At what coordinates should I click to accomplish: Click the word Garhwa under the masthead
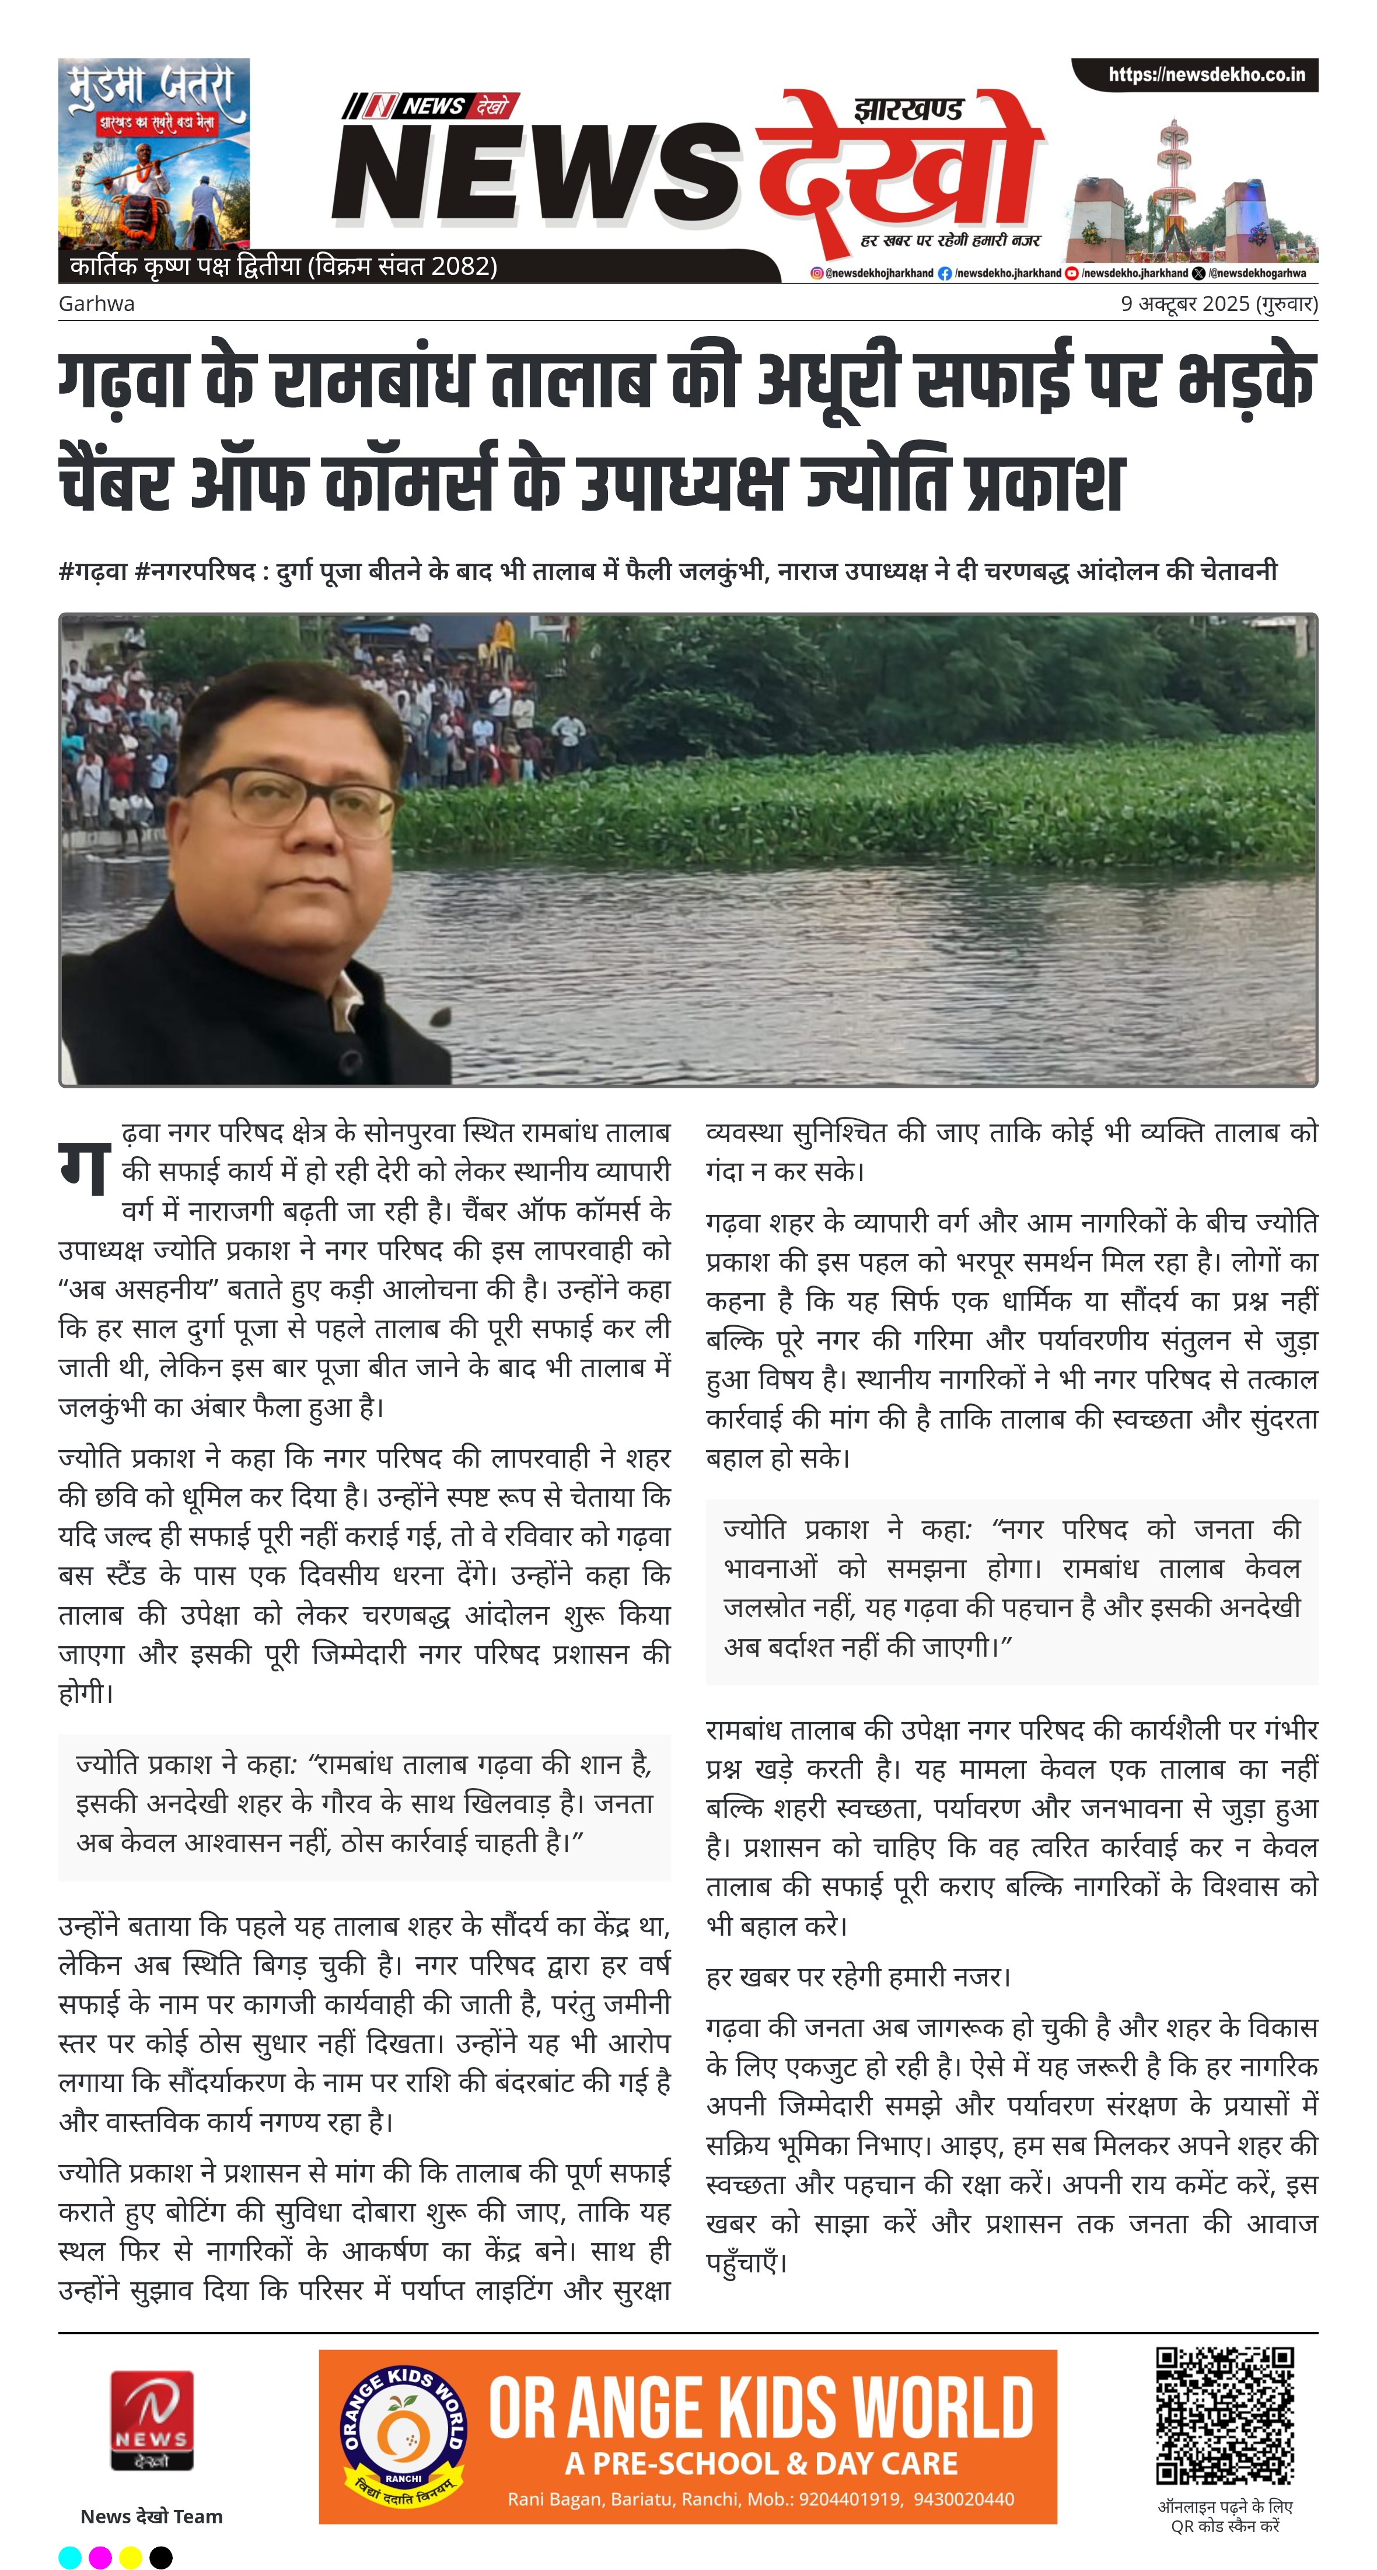point(96,303)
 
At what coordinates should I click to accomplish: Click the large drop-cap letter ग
point(84,1167)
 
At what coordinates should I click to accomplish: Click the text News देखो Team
point(152,2516)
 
